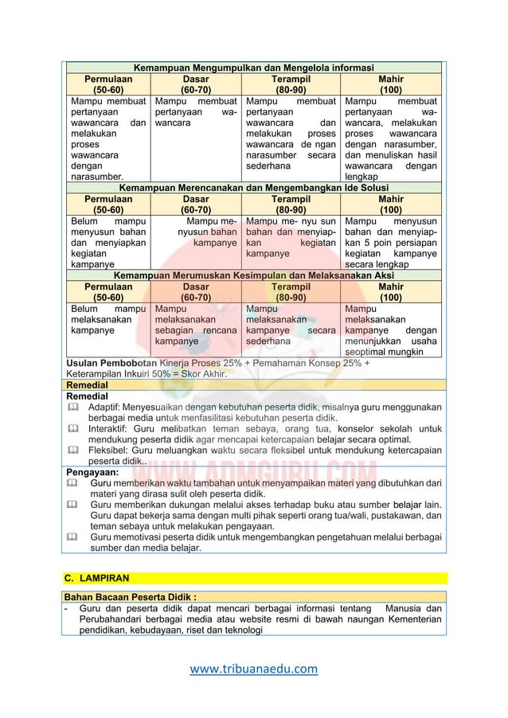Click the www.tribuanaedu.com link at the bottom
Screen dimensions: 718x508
pyautogui.click(x=253, y=669)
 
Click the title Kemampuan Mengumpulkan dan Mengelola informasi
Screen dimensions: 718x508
pyautogui.click(x=252, y=68)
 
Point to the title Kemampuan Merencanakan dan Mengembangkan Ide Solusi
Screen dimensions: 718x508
pyautogui.click(x=252, y=188)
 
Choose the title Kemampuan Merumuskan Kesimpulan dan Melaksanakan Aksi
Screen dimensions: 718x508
pyautogui.click(x=252, y=275)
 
